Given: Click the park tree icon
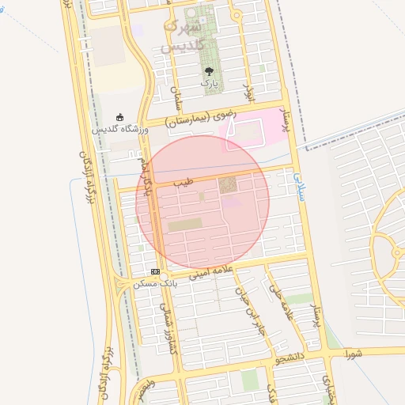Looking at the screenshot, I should point(208,70).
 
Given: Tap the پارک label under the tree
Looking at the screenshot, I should point(208,82).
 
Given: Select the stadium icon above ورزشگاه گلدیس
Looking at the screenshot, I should point(119,116).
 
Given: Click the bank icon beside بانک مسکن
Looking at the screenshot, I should point(155,271).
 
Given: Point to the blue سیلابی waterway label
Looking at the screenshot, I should point(298,187).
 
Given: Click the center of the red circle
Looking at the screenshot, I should point(202,202).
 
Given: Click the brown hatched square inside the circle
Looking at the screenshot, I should point(228,185).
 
